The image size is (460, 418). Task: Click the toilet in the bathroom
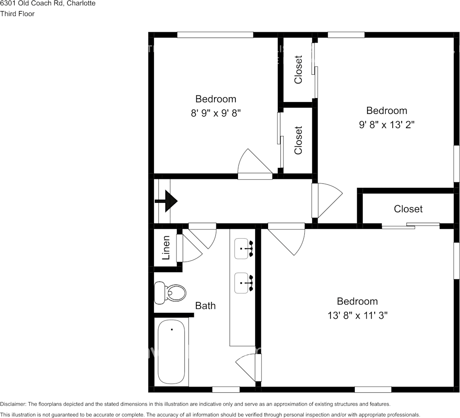(x=170, y=293)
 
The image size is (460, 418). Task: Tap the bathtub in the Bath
(x=172, y=352)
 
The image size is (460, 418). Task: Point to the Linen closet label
(x=166, y=247)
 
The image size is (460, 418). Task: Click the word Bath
(x=205, y=305)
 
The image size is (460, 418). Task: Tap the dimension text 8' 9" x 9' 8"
(x=215, y=113)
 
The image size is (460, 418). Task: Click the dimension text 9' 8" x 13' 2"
(x=387, y=125)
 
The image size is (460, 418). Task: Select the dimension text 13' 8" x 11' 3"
(x=357, y=315)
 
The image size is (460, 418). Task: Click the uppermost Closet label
(x=298, y=69)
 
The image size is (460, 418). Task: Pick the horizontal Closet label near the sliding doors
(x=408, y=209)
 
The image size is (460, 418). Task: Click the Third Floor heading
(x=17, y=14)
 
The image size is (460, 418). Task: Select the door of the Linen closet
(x=188, y=250)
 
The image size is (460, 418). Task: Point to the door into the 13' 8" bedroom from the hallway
(x=287, y=239)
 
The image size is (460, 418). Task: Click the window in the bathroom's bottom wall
(x=226, y=389)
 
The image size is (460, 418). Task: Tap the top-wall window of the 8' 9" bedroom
(x=215, y=34)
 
